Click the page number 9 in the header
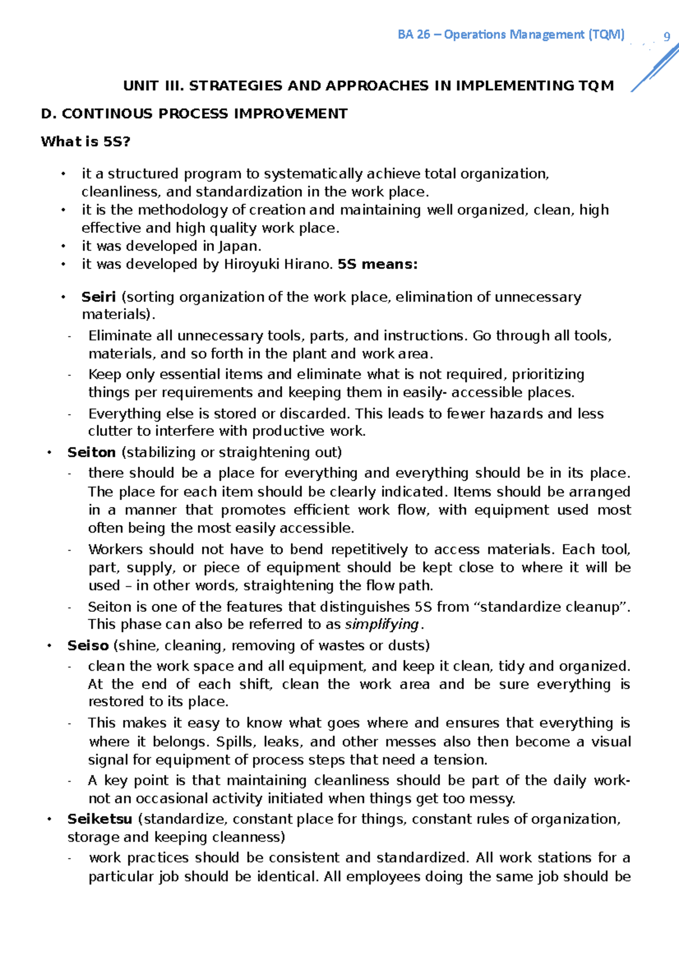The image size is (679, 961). (x=667, y=37)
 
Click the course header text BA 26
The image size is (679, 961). (x=414, y=35)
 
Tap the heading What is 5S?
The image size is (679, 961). (x=85, y=141)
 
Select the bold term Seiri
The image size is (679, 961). (x=98, y=297)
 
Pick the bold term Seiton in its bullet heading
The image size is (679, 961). (x=91, y=452)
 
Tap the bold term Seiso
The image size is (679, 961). (x=88, y=646)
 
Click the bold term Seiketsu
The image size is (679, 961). (x=100, y=819)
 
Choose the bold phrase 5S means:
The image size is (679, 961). (x=377, y=264)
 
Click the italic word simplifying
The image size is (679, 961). (x=382, y=624)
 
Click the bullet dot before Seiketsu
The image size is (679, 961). (x=50, y=819)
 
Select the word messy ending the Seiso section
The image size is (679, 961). (x=495, y=799)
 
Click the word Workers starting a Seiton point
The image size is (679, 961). (x=115, y=550)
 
